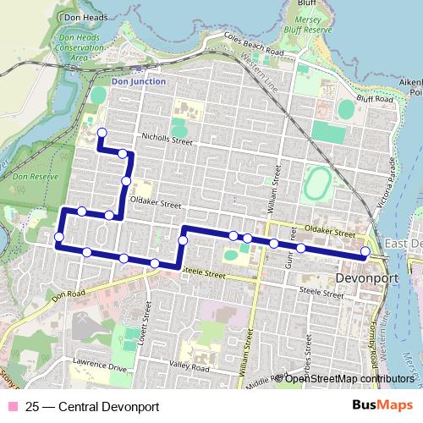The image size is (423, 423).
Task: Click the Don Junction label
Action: click(139, 81)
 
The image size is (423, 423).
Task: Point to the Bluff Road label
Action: click(375, 102)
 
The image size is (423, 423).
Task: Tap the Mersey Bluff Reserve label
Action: click(311, 18)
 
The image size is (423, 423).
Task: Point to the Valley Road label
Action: click(188, 367)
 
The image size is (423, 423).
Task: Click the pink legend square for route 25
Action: click(12, 405)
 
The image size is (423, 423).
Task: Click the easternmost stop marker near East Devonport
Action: click(365, 251)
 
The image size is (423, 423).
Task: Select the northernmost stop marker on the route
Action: click(102, 132)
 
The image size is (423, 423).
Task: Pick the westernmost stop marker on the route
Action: click(58, 236)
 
